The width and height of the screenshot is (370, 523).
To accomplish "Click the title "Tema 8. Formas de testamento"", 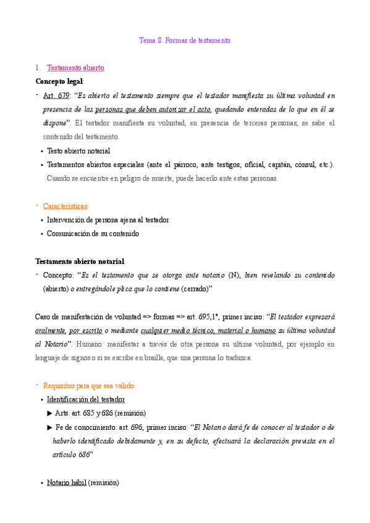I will (x=185, y=41).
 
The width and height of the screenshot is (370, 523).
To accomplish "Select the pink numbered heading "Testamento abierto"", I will (x=75, y=68).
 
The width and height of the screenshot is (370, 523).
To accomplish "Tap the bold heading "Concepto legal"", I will (x=59, y=81).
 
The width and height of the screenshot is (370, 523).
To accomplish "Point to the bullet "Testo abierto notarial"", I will (x=78, y=150).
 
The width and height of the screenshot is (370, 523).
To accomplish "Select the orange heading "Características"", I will (x=65, y=205).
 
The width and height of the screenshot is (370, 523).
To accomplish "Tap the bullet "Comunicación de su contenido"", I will (x=93, y=234).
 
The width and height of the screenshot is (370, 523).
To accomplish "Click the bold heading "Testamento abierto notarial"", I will (x=80, y=261).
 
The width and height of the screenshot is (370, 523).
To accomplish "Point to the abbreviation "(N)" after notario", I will (x=233, y=275).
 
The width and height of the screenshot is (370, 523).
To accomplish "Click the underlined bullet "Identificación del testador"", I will (x=90, y=399).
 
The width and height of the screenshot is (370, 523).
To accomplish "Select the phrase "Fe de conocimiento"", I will (x=85, y=427).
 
